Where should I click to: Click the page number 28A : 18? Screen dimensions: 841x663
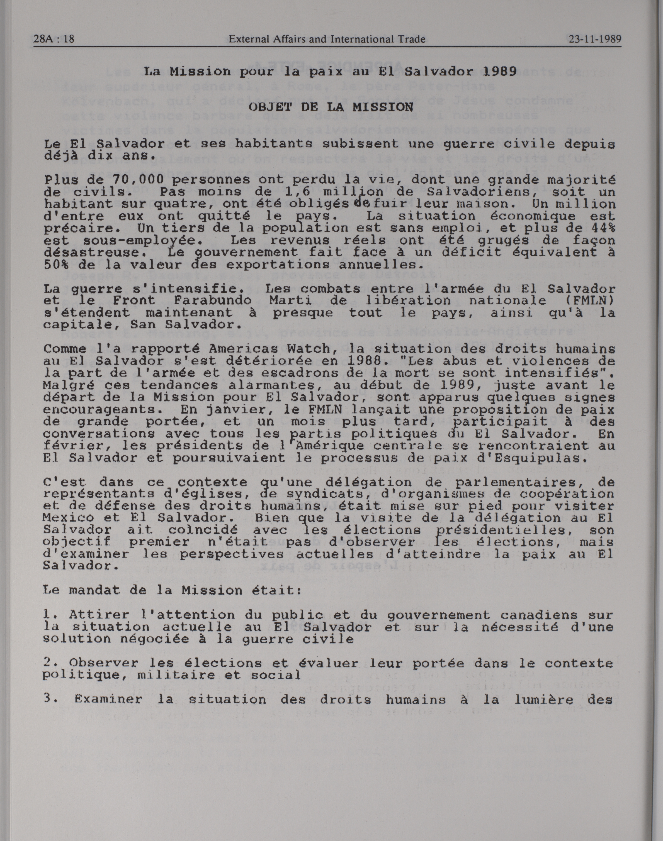(54, 39)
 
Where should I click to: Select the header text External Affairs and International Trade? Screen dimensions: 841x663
(327, 39)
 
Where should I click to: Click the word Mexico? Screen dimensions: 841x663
(68, 518)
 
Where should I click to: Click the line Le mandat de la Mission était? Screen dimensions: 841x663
(172, 590)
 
